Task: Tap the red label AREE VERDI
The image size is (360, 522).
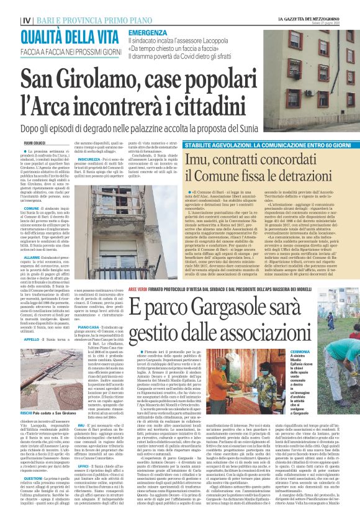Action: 138,289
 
